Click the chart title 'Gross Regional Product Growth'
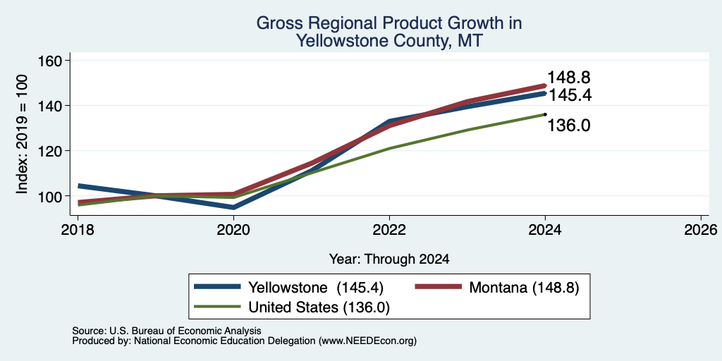coord(389,23)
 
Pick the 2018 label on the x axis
coord(78,230)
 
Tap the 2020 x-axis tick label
coord(233,230)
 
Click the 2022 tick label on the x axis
coord(389,230)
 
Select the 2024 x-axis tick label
coord(545,230)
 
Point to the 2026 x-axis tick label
coord(701,230)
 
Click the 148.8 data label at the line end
coord(569,78)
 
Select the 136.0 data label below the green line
coord(569,126)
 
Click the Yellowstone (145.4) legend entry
coord(288,288)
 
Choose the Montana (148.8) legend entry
coord(497,288)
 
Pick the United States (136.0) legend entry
coord(292,307)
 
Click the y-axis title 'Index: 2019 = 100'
coord(22,135)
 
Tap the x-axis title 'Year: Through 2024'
coord(389,259)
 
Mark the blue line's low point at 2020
coord(233,207)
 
